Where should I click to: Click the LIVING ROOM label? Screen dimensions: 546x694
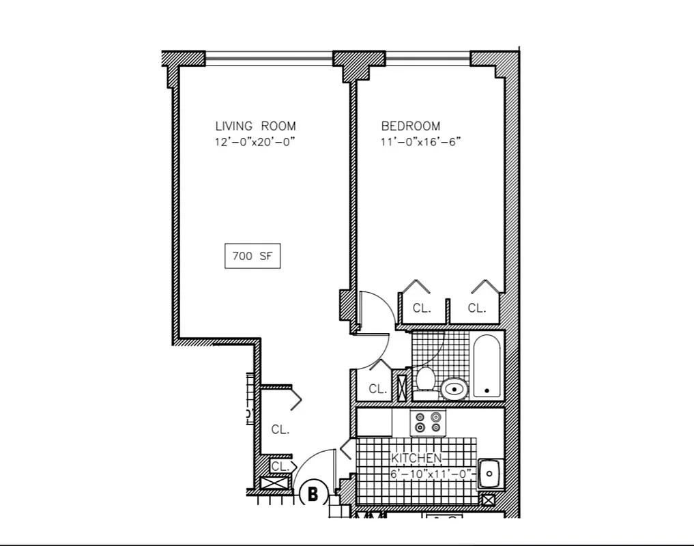point(255,126)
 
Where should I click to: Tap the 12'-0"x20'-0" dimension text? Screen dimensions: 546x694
point(255,143)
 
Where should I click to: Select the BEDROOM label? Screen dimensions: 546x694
point(410,126)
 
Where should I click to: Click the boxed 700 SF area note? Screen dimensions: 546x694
point(252,257)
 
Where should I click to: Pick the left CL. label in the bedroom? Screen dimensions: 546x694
point(422,308)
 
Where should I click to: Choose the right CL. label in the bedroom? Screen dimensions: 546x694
point(477,308)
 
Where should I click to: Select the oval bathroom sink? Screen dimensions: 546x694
point(454,389)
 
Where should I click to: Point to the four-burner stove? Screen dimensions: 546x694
point(426,422)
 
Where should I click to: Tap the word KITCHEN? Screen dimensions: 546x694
point(416,459)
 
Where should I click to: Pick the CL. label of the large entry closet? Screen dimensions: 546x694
point(280,430)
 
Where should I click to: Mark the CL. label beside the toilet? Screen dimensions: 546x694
point(377,389)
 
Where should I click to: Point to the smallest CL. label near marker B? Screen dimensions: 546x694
point(279,466)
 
